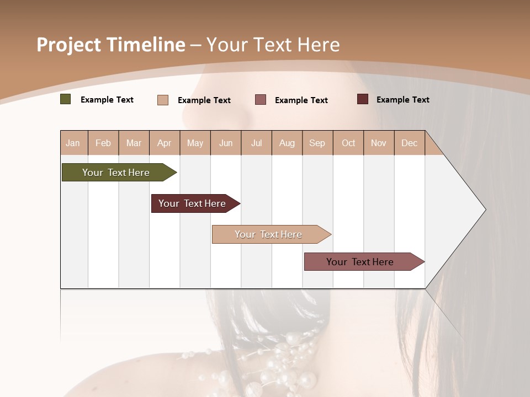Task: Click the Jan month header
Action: point(73,143)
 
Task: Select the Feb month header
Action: point(103,143)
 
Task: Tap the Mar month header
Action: point(134,143)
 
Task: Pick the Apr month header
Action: point(164,143)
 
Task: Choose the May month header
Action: point(195,143)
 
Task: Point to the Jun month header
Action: point(226,143)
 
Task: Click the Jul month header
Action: point(256,143)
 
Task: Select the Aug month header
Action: point(287,143)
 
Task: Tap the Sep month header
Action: point(317,143)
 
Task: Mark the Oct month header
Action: point(348,143)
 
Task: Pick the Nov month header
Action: point(379,143)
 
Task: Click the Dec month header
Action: point(409,143)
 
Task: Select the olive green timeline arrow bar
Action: point(116,173)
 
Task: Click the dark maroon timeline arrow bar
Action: point(193,203)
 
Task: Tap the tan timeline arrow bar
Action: point(269,234)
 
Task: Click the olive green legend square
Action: point(66,99)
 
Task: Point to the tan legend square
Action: point(163,100)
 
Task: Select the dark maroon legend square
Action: point(363,99)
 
